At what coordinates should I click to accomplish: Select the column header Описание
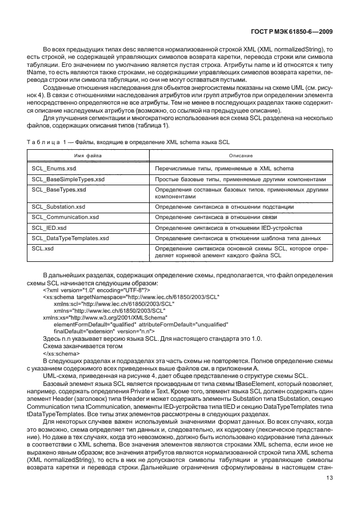click(240, 156)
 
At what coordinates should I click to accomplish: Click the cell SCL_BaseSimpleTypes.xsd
click(68, 179)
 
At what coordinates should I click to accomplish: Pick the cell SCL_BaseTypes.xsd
click(59, 189)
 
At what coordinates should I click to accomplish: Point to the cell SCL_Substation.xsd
click(58, 208)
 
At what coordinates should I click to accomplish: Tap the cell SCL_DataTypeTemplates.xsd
click(70, 237)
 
